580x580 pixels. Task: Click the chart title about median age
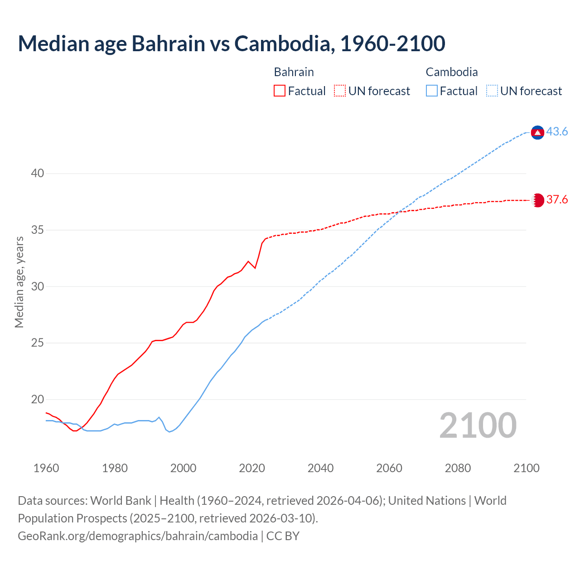tap(232, 43)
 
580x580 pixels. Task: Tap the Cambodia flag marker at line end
tap(537, 132)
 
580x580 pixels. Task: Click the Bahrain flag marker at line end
tap(538, 200)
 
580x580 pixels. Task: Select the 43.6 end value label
tap(557, 131)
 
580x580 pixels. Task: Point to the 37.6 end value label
tap(557, 200)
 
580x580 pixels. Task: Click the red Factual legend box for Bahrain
tap(280, 91)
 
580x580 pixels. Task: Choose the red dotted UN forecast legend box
tap(340, 91)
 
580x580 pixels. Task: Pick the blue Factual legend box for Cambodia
tap(432, 91)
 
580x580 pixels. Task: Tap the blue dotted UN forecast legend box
tap(492, 91)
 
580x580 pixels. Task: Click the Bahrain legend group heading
tap(294, 72)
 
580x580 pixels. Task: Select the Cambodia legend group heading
tap(452, 72)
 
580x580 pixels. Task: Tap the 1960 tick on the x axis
tap(46, 468)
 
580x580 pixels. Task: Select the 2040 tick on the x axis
tap(320, 468)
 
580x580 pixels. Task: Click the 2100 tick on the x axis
tap(526, 468)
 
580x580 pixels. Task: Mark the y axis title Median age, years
tap(19, 282)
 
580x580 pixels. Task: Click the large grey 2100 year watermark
tap(478, 425)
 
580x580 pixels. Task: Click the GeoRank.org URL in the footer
tap(137, 536)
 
